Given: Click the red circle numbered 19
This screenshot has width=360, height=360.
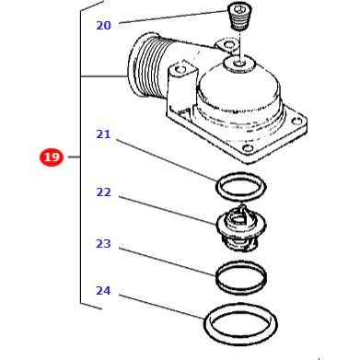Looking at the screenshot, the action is tap(52, 157).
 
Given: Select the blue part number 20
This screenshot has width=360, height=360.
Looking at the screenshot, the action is tap(103, 26).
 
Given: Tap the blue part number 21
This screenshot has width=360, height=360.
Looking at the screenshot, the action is tap(103, 134).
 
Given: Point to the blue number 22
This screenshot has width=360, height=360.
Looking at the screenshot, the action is tap(103, 192).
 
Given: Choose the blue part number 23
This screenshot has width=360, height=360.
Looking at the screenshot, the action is tap(103, 244).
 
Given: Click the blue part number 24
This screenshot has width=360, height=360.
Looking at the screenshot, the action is tap(103, 291).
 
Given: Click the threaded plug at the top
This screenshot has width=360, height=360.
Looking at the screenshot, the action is tap(239, 17).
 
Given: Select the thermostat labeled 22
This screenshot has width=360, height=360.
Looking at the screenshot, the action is tap(241, 228).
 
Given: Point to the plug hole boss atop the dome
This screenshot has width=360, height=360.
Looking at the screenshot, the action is tap(239, 64).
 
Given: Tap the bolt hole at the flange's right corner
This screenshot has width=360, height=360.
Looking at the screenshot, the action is tap(296, 121).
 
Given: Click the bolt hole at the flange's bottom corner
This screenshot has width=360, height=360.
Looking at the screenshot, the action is tap(248, 149).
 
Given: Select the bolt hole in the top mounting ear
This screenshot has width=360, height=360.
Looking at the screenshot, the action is tap(229, 45).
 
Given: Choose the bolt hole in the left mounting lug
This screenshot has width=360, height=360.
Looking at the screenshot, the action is tap(179, 69).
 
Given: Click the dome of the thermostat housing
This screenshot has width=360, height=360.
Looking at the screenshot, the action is tap(238, 89).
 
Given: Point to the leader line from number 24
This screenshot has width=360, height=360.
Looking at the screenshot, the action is tap(161, 307).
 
